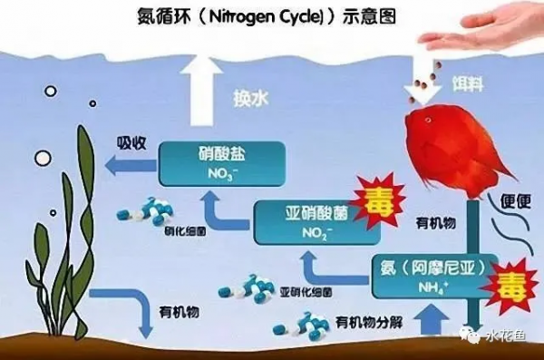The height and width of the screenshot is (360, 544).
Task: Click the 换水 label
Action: (253, 96)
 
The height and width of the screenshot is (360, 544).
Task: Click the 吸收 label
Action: (133, 142)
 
